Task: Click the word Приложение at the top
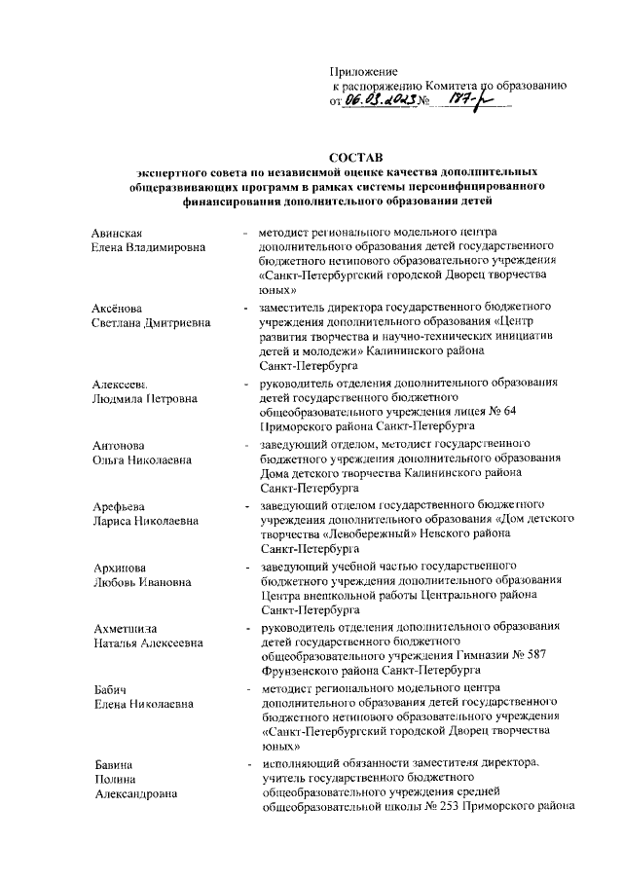(365, 71)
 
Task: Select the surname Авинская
(118, 233)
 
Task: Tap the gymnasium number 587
(553, 656)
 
